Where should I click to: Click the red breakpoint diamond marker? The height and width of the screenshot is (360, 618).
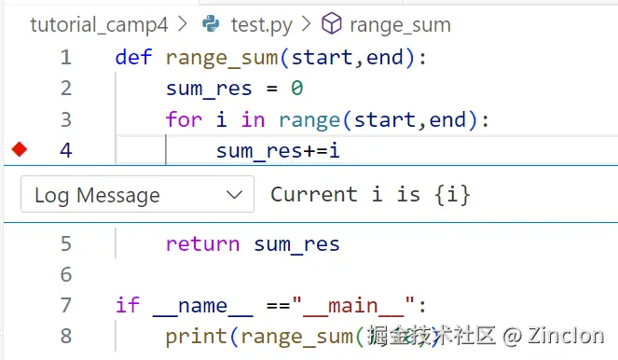(20, 149)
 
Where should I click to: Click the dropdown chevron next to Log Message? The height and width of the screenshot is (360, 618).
(234, 195)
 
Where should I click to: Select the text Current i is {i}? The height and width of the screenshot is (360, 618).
(370, 195)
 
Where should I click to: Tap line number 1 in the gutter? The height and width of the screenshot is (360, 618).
(65, 57)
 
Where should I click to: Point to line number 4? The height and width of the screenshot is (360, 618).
(65, 149)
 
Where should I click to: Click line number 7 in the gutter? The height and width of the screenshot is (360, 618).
(65, 305)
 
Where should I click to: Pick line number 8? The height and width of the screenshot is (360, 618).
(65, 336)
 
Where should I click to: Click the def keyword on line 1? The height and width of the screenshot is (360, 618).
(134, 57)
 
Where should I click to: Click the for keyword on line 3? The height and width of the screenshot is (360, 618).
(185, 119)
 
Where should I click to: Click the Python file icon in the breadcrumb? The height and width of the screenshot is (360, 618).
(212, 24)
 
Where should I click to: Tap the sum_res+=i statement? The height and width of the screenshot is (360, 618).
(278, 150)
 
